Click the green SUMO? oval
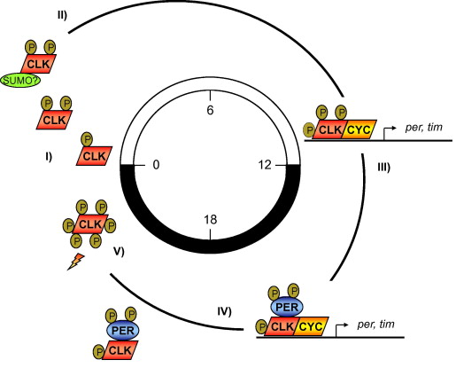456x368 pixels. [20, 81]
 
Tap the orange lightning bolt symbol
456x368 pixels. [76, 262]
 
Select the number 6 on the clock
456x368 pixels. [210, 110]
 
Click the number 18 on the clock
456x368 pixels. [210, 220]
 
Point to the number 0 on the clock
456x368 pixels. [156, 165]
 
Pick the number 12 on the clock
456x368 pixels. [265, 165]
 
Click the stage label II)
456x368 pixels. [62, 15]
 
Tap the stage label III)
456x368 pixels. [383, 168]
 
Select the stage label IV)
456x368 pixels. [224, 311]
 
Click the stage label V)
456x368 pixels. [119, 252]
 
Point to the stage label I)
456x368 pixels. [49, 156]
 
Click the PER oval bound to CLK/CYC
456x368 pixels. [287, 307]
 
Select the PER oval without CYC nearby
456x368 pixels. [122, 331]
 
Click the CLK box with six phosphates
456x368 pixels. [89, 224]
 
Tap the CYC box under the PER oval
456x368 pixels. [311, 326]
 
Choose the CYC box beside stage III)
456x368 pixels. [359, 129]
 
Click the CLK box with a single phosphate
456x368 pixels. [94, 156]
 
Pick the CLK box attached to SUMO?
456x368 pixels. [38, 64]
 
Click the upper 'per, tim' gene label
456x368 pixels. [423, 128]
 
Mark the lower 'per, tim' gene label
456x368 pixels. [375, 325]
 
